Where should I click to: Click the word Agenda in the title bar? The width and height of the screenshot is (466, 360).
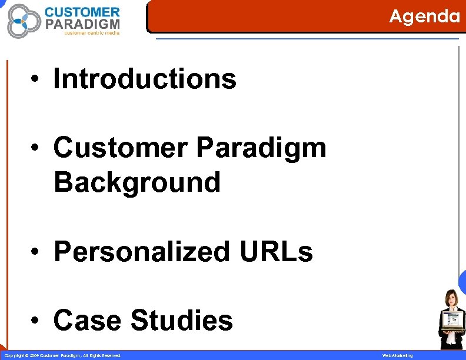pyautogui.click(x=424, y=16)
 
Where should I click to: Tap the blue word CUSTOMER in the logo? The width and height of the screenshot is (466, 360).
pyautogui.click(x=82, y=12)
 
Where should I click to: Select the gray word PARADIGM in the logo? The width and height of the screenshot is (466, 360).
pyautogui.click(x=82, y=24)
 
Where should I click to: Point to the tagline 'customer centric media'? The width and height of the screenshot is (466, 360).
pyautogui.click(x=91, y=34)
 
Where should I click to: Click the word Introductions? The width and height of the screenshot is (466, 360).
pyautogui.click(x=145, y=79)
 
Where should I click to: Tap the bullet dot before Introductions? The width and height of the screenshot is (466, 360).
pyautogui.click(x=36, y=79)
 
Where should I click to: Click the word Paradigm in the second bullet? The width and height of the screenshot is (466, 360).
pyautogui.click(x=261, y=147)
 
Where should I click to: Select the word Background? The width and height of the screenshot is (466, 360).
pyautogui.click(x=137, y=182)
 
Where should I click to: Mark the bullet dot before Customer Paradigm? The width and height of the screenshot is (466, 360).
pyautogui.click(x=36, y=148)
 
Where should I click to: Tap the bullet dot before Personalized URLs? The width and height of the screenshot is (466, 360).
pyautogui.click(x=36, y=252)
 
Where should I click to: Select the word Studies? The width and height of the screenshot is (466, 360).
pyautogui.click(x=181, y=321)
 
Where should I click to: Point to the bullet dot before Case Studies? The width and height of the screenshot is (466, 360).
pyautogui.click(x=36, y=321)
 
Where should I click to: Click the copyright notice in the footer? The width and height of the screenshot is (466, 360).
pyautogui.click(x=63, y=355)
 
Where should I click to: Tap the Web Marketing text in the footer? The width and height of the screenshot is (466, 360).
pyautogui.click(x=398, y=355)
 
